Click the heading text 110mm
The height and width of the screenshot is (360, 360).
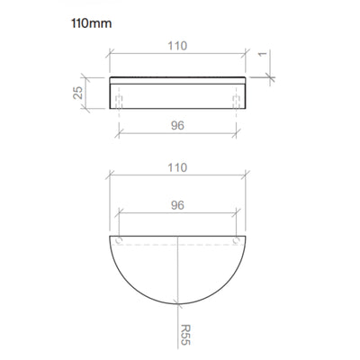tap(92, 23)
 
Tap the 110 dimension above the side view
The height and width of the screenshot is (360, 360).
tap(177, 46)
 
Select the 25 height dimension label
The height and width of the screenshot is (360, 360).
tap(78, 93)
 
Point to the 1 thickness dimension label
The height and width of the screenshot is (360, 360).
tap(263, 54)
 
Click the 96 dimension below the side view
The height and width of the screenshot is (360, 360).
tap(177, 125)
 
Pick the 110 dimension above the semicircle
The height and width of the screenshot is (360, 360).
tap(177, 167)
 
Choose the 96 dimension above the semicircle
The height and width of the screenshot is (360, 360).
tap(177, 205)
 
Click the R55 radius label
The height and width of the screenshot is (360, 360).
tap(186, 335)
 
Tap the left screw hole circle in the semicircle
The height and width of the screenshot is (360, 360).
tap(119, 240)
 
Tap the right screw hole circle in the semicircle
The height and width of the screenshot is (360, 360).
tap(237, 240)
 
